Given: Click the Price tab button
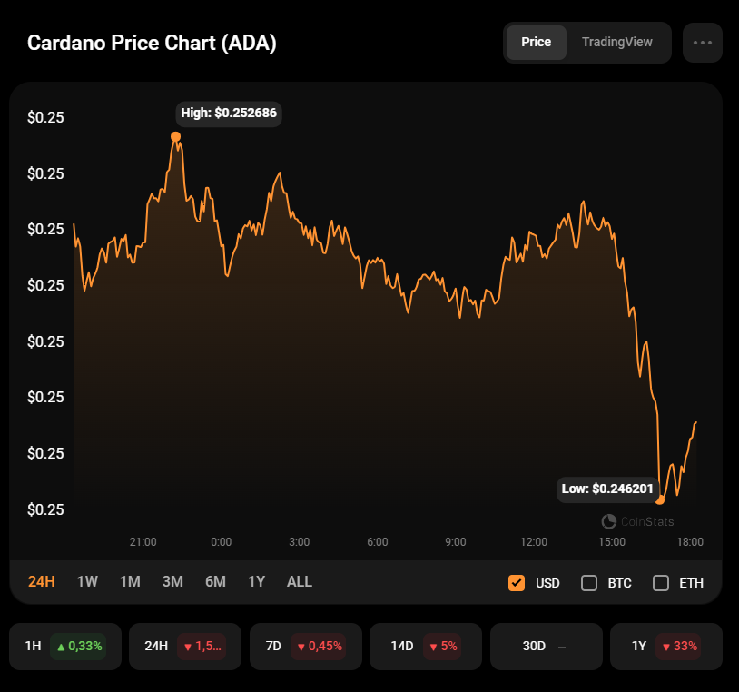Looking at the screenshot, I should tap(536, 43).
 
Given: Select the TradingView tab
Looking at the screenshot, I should tap(616, 43).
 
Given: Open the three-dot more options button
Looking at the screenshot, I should tap(702, 43).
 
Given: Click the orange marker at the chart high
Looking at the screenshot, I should tap(175, 136).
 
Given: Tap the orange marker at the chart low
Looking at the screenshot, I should tap(660, 500).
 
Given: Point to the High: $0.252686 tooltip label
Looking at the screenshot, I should tap(229, 114).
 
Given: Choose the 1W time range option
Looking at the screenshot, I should tap(87, 582).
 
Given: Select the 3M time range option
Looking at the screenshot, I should tap(172, 582).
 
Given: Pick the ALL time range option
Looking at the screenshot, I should tap(300, 582).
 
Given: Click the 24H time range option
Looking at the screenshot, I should tap(42, 582).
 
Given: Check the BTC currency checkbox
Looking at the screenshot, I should tap(589, 583).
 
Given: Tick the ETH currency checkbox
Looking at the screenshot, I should tap(661, 583).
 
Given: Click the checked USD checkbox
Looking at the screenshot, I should tap(517, 583).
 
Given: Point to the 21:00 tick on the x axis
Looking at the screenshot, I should tap(143, 542).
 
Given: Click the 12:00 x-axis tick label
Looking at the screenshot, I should tap(534, 542).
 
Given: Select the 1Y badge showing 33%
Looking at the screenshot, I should tap(680, 647).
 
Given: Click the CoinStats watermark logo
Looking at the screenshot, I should tap(638, 521).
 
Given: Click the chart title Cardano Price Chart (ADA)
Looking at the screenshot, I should tap(152, 43).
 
